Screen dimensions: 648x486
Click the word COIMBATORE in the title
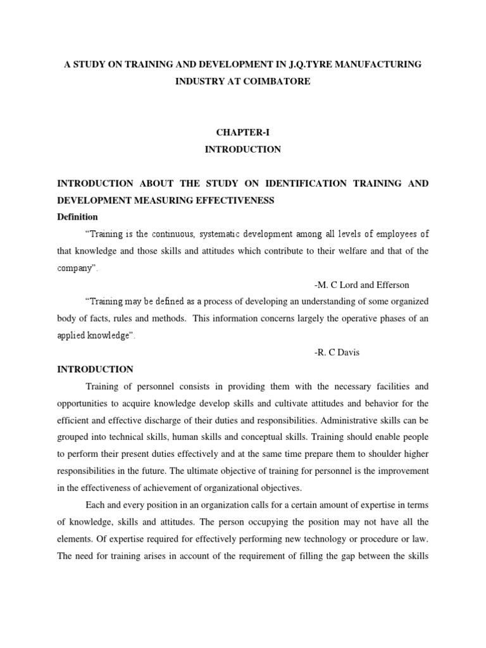280,82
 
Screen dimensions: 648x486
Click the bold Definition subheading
77,217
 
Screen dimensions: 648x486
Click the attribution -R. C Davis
337,352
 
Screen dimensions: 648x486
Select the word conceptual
253,436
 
